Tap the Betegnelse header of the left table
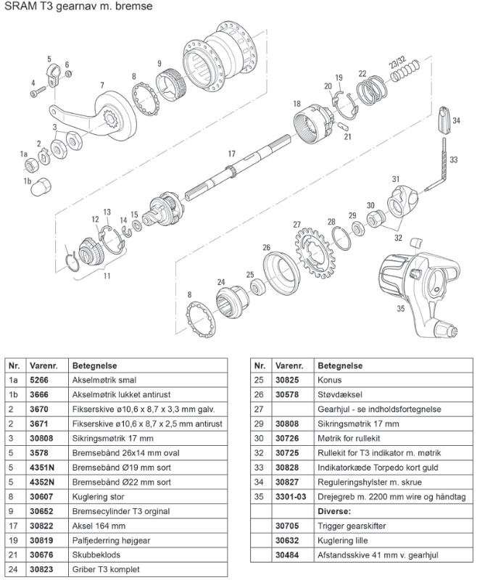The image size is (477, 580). [95, 365]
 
